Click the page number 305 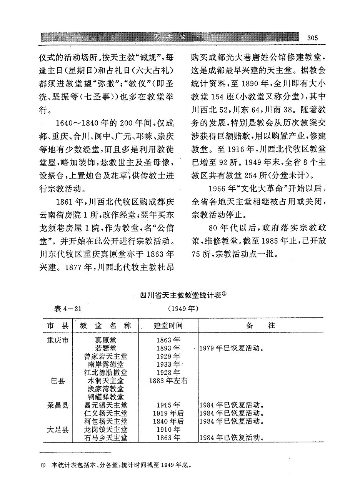coord(312,38)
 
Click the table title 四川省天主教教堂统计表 coord(180,296)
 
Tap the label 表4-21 coord(69,309)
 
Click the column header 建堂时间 coord(168,325)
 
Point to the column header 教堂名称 coord(105,325)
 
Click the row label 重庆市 coord(58,340)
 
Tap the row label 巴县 coord(58,381)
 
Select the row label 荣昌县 coord(58,405)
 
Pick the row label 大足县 coord(58,429)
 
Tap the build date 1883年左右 coord(168,381)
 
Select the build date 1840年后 coord(168,421)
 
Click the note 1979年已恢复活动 coord(231,349)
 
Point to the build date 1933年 coord(168,364)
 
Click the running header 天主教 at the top coord(168,37)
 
